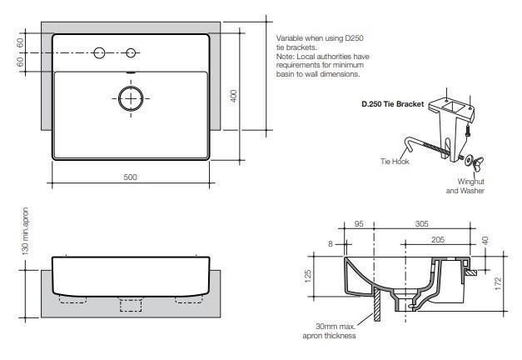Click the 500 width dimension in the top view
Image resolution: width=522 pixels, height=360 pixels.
tap(130, 177)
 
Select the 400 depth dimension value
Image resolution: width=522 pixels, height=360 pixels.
tap(234, 97)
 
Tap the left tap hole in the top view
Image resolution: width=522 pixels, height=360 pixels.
tap(99, 53)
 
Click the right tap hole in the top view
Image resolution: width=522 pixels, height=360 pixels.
tap(130, 53)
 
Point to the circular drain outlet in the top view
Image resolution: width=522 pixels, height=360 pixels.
tap(130, 98)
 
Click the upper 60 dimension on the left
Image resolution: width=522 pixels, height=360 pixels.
tap(20, 42)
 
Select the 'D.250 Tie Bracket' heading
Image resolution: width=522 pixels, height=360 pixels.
tap(392, 104)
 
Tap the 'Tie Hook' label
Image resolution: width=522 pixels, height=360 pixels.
tap(394, 161)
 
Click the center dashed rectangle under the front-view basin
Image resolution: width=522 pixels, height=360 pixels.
tap(131, 303)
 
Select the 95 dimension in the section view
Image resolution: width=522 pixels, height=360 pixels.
tap(359, 224)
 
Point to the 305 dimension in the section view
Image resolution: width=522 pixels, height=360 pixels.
tap(422, 224)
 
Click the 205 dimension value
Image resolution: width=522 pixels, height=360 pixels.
tap(439, 239)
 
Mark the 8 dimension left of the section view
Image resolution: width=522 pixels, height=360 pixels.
tap(331, 243)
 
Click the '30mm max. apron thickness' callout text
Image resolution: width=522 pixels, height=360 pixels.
tap(330, 331)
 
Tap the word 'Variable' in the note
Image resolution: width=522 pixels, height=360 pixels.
tap(289, 38)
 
